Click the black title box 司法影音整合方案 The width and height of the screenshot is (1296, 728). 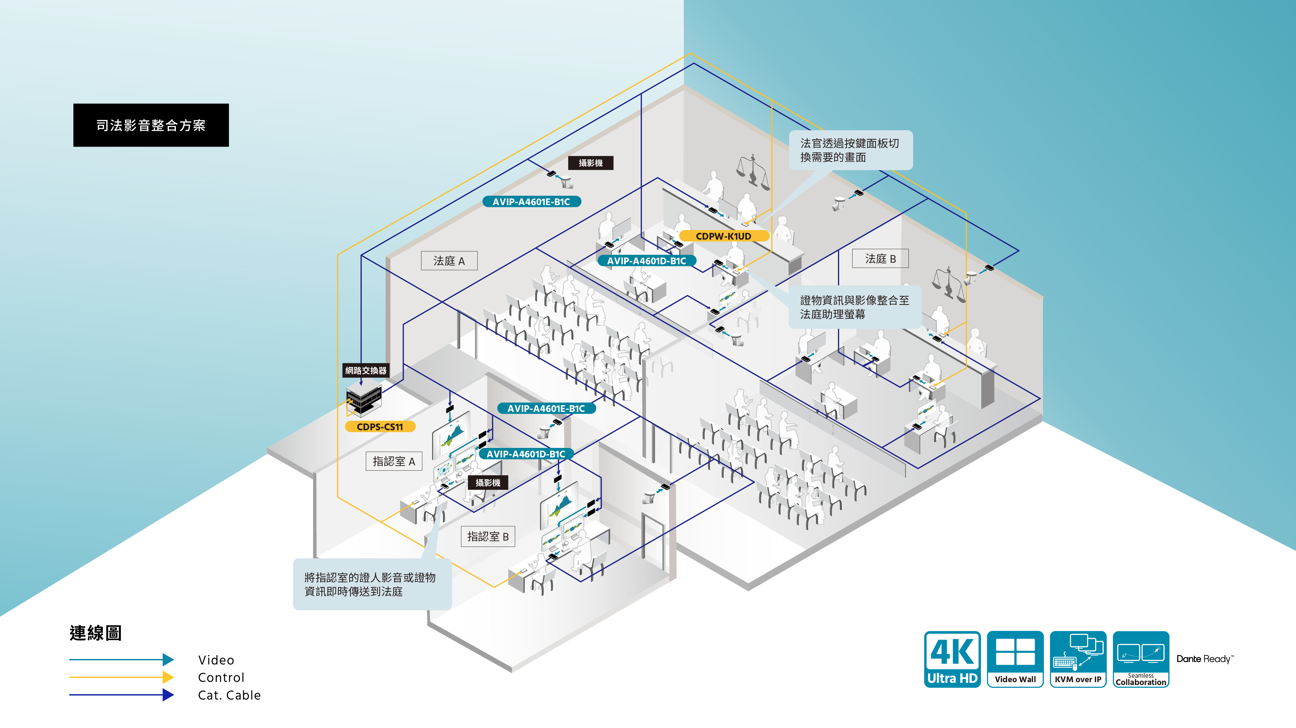151,125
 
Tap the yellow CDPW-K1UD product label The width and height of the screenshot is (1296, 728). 723,236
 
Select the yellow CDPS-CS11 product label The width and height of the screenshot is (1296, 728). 380,427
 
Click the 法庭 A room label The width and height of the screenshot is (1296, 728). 449,261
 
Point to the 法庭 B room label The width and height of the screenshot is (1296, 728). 880,259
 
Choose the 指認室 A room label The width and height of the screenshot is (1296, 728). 394,461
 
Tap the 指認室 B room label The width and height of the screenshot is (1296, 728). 488,536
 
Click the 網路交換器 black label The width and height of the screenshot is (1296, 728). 366,370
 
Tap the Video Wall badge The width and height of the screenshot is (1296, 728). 1015,659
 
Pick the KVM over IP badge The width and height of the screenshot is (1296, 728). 1078,659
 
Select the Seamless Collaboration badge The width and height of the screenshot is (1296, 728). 1141,659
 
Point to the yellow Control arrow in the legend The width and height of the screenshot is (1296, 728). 121,677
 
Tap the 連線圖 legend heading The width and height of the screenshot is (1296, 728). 96,633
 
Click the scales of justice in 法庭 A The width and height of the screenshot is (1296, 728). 753,171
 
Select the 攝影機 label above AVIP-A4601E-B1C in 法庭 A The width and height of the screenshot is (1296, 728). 591,163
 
